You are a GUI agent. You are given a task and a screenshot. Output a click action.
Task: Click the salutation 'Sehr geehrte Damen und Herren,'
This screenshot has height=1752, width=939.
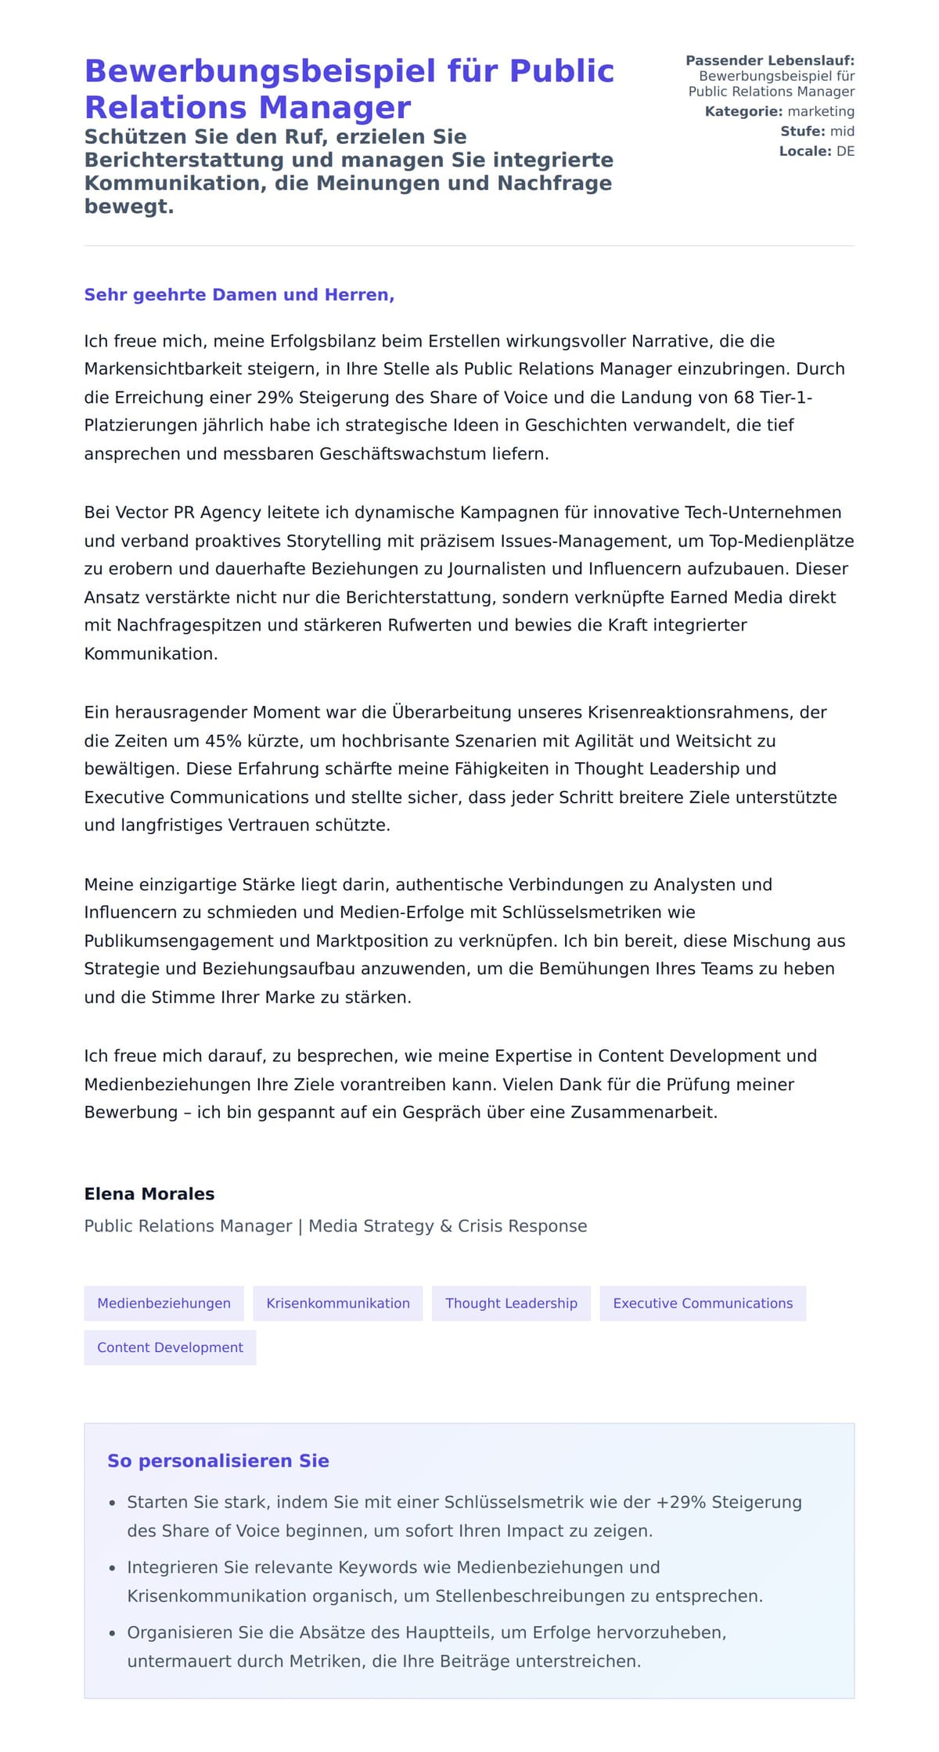pyautogui.click(x=239, y=295)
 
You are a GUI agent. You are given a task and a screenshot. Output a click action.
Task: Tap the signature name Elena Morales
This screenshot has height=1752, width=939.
pyautogui.click(x=149, y=1194)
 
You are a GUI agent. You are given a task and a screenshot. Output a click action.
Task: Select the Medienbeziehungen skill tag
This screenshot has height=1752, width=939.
pyautogui.click(x=164, y=1304)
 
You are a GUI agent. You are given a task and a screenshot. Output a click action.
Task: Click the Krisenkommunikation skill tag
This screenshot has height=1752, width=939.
pyautogui.click(x=338, y=1304)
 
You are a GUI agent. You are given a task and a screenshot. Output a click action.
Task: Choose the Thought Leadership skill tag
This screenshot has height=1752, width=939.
pyautogui.click(x=511, y=1304)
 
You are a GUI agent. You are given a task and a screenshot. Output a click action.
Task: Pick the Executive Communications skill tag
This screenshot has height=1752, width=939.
pyautogui.click(x=703, y=1304)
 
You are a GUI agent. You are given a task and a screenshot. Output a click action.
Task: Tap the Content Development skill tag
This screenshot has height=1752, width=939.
pyautogui.click(x=170, y=1347)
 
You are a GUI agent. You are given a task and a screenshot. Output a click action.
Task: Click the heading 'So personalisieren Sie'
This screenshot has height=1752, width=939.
pyautogui.click(x=218, y=1461)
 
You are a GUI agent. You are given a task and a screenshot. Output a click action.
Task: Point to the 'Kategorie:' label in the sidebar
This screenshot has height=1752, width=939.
pyautogui.click(x=743, y=112)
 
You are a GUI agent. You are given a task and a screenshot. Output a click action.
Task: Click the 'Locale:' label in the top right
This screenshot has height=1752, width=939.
pyautogui.click(x=805, y=152)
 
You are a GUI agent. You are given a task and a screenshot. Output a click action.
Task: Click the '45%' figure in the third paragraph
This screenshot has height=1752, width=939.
pyautogui.click(x=222, y=741)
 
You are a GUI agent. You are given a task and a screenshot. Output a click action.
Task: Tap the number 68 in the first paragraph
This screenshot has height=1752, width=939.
pyautogui.click(x=743, y=398)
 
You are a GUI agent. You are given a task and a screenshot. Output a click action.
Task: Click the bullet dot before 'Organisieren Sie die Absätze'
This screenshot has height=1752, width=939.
pyautogui.click(x=112, y=1633)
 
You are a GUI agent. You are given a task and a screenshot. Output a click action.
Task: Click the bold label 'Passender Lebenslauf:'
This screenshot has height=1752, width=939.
pyautogui.click(x=770, y=60)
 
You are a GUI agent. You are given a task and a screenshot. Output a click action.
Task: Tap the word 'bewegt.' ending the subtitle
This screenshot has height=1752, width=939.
pyautogui.click(x=129, y=207)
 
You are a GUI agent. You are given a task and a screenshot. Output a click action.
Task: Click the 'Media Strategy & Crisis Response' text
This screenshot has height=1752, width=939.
pyautogui.click(x=448, y=1226)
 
